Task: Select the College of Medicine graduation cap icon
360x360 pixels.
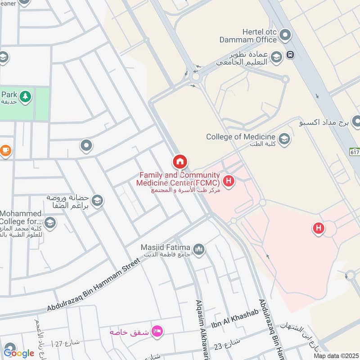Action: point(284,139)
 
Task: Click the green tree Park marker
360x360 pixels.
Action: point(26,96)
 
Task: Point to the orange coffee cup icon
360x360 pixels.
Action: point(5,151)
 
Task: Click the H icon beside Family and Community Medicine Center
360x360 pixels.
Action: point(229,182)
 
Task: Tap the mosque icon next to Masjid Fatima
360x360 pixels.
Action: point(199,249)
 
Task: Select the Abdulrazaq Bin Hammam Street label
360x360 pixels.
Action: point(94,288)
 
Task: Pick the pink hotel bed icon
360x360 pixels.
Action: point(157,332)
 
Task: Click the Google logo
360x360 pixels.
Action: point(18,353)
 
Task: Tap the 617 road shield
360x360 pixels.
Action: point(355,153)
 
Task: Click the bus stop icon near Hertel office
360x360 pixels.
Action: point(291,54)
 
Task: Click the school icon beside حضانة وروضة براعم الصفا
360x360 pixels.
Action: point(97,201)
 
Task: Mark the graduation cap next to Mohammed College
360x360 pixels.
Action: point(50,222)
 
